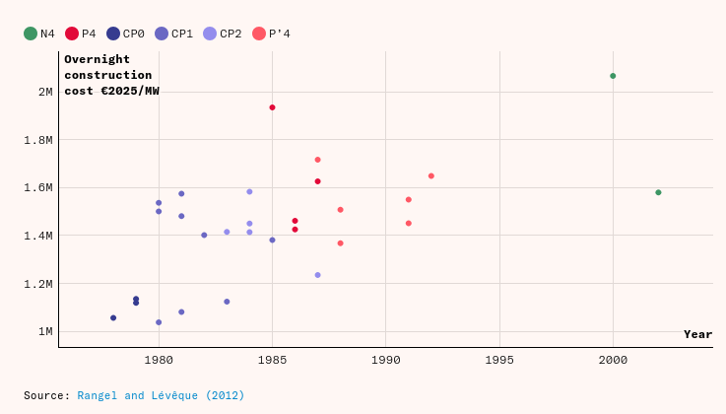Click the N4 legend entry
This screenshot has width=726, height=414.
[x=39, y=34]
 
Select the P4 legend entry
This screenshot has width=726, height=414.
[x=81, y=34]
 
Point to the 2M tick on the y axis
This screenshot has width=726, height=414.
[x=45, y=92]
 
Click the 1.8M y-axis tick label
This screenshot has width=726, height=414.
[x=38, y=140]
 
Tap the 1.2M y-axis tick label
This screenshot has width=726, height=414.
[x=38, y=284]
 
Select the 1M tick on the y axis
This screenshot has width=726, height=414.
[x=45, y=331]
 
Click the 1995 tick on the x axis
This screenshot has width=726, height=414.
[x=499, y=361]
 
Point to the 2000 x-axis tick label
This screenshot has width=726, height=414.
[x=613, y=361]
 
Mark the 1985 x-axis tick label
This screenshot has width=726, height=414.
[x=272, y=361]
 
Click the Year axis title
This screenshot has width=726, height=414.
[x=697, y=334]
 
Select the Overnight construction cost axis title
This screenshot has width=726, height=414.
[x=110, y=75]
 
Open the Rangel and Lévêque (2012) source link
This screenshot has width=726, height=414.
[x=161, y=395]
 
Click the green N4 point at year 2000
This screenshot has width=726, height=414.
[x=613, y=76]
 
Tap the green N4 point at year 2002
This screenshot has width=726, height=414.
[x=658, y=192]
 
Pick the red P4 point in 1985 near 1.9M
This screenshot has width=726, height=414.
[x=272, y=107]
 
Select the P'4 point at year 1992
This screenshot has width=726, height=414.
[x=431, y=176]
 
